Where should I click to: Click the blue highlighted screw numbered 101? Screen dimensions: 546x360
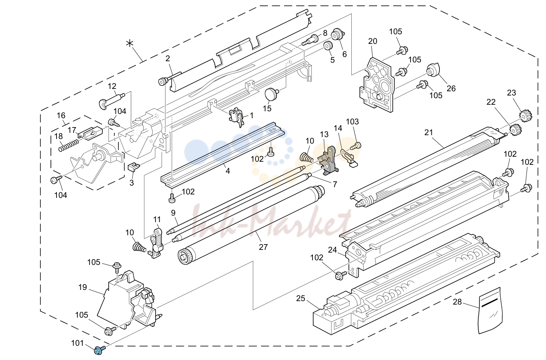coord(99,350)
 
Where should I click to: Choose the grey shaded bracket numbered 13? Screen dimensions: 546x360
coord(328,161)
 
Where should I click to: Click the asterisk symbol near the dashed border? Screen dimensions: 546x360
coord(130,44)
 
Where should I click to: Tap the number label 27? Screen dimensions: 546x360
coord(263,247)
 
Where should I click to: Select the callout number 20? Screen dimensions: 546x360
coord(373,41)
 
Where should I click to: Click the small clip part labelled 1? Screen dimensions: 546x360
coord(236,117)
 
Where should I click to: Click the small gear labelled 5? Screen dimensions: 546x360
coord(328,45)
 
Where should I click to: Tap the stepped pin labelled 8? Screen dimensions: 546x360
coord(310,40)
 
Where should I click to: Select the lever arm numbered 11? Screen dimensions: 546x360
coord(157,243)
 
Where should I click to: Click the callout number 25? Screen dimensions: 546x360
coord(301,298)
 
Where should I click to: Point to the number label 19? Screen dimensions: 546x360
coord(83,287)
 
